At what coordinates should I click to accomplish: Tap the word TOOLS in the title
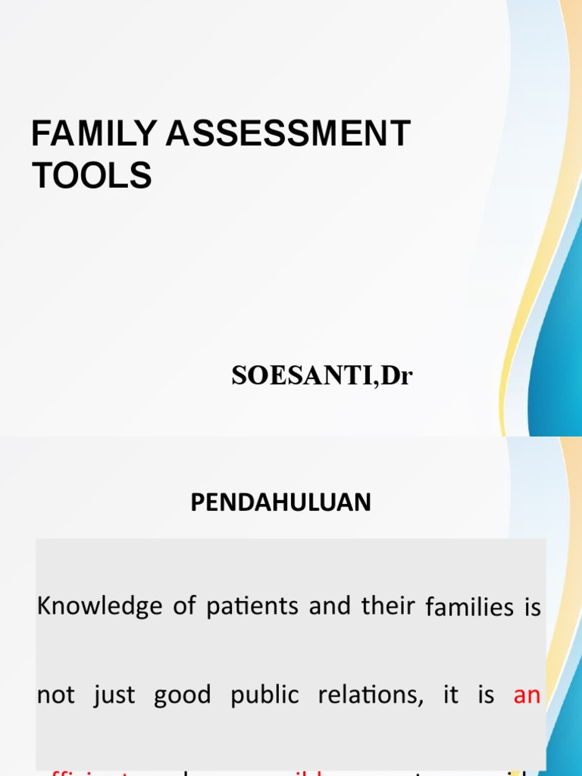[91, 175]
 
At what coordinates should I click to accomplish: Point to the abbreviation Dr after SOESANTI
[397, 376]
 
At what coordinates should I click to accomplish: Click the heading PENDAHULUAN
[281, 502]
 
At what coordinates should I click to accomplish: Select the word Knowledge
[99, 606]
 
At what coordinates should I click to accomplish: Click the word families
[469, 607]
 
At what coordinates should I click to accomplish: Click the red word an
[527, 696]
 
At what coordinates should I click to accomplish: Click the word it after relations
[451, 696]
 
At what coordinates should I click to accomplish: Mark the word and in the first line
[327, 606]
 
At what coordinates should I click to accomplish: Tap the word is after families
[533, 607]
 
